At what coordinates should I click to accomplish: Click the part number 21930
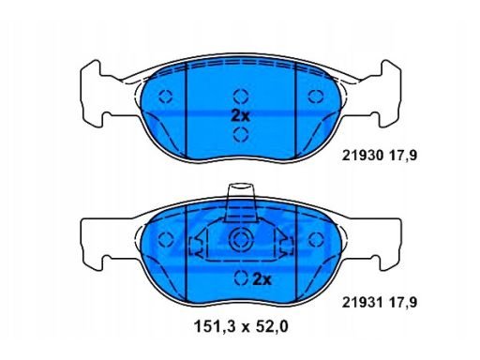(x=362, y=156)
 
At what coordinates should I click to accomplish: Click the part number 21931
(x=362, y=302)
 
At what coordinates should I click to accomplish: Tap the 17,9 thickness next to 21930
(x=402, y=156)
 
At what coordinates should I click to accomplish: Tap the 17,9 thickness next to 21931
(x=402, y=303)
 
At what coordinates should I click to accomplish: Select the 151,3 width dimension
(x=214, y=327)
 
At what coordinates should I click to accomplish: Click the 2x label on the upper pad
(x=241, y=116)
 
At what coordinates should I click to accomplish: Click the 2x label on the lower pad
(x=262, y=279)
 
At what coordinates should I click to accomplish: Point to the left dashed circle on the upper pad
(x=165, y=97)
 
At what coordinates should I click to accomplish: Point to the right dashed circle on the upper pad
(x=316, y=97)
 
